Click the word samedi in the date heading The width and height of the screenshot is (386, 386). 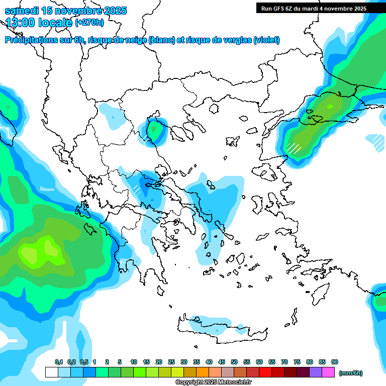click(x=21, y=11)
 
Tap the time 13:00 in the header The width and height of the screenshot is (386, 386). click(x=22, y=22)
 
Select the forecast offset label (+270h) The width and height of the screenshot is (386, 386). click(x=89, y=22)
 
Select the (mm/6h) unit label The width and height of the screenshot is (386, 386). click(x=350, y=373)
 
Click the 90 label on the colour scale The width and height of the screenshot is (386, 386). click(x=335, y=362)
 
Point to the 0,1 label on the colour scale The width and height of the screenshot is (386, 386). click(x=58, y=362)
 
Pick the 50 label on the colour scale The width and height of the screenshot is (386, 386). click(x=234, y=362)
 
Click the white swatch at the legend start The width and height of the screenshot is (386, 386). click(x=51, y=372)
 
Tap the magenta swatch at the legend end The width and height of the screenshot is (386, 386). click(x=328, y=372)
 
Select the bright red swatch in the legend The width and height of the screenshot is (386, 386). click(x=265, y=372)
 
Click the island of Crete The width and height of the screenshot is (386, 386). click(x=221, y=327)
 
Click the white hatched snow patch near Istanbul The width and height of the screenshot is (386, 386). click(x=294, y=148)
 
